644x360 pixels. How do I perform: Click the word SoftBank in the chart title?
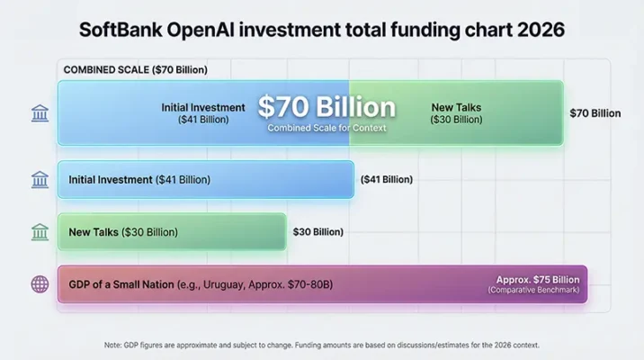point(124,29)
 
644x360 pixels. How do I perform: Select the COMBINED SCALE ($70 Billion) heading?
point(136,69)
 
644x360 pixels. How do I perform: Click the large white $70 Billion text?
point(326,107)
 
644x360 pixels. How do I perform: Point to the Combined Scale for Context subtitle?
point(326,128)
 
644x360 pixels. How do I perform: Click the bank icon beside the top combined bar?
point(40,112)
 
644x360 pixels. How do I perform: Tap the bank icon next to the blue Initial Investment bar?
point(40,179)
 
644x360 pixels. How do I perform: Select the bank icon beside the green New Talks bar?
point(40,232)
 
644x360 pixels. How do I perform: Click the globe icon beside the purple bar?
point(40,284)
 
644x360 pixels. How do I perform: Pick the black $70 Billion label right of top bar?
point(595,113)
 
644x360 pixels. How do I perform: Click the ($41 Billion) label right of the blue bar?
point(387,180)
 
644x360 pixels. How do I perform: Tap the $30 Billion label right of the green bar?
point(318,232)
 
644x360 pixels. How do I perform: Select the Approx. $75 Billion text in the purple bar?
point(539,279)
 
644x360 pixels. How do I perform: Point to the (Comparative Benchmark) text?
point(534,291)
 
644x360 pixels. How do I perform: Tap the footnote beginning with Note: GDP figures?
point(321,345)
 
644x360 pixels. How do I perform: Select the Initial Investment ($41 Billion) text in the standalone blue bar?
point(139,180)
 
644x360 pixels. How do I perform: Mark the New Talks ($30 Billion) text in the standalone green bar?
point(123,232)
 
